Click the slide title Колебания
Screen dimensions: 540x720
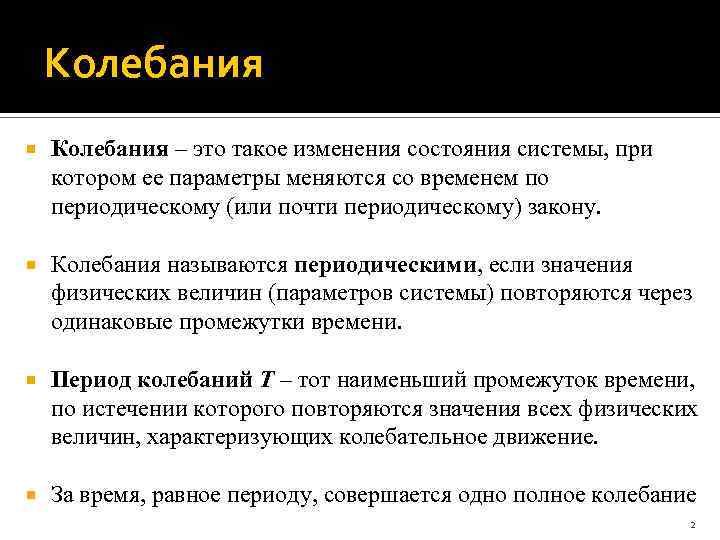pos(154,66)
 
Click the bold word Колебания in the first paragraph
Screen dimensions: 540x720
pos(110,149)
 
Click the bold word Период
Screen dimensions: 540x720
pos(90,381)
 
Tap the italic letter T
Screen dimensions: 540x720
pos(267,381)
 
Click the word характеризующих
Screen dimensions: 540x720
pos(233,438)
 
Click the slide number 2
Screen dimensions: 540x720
pos(691,524)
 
